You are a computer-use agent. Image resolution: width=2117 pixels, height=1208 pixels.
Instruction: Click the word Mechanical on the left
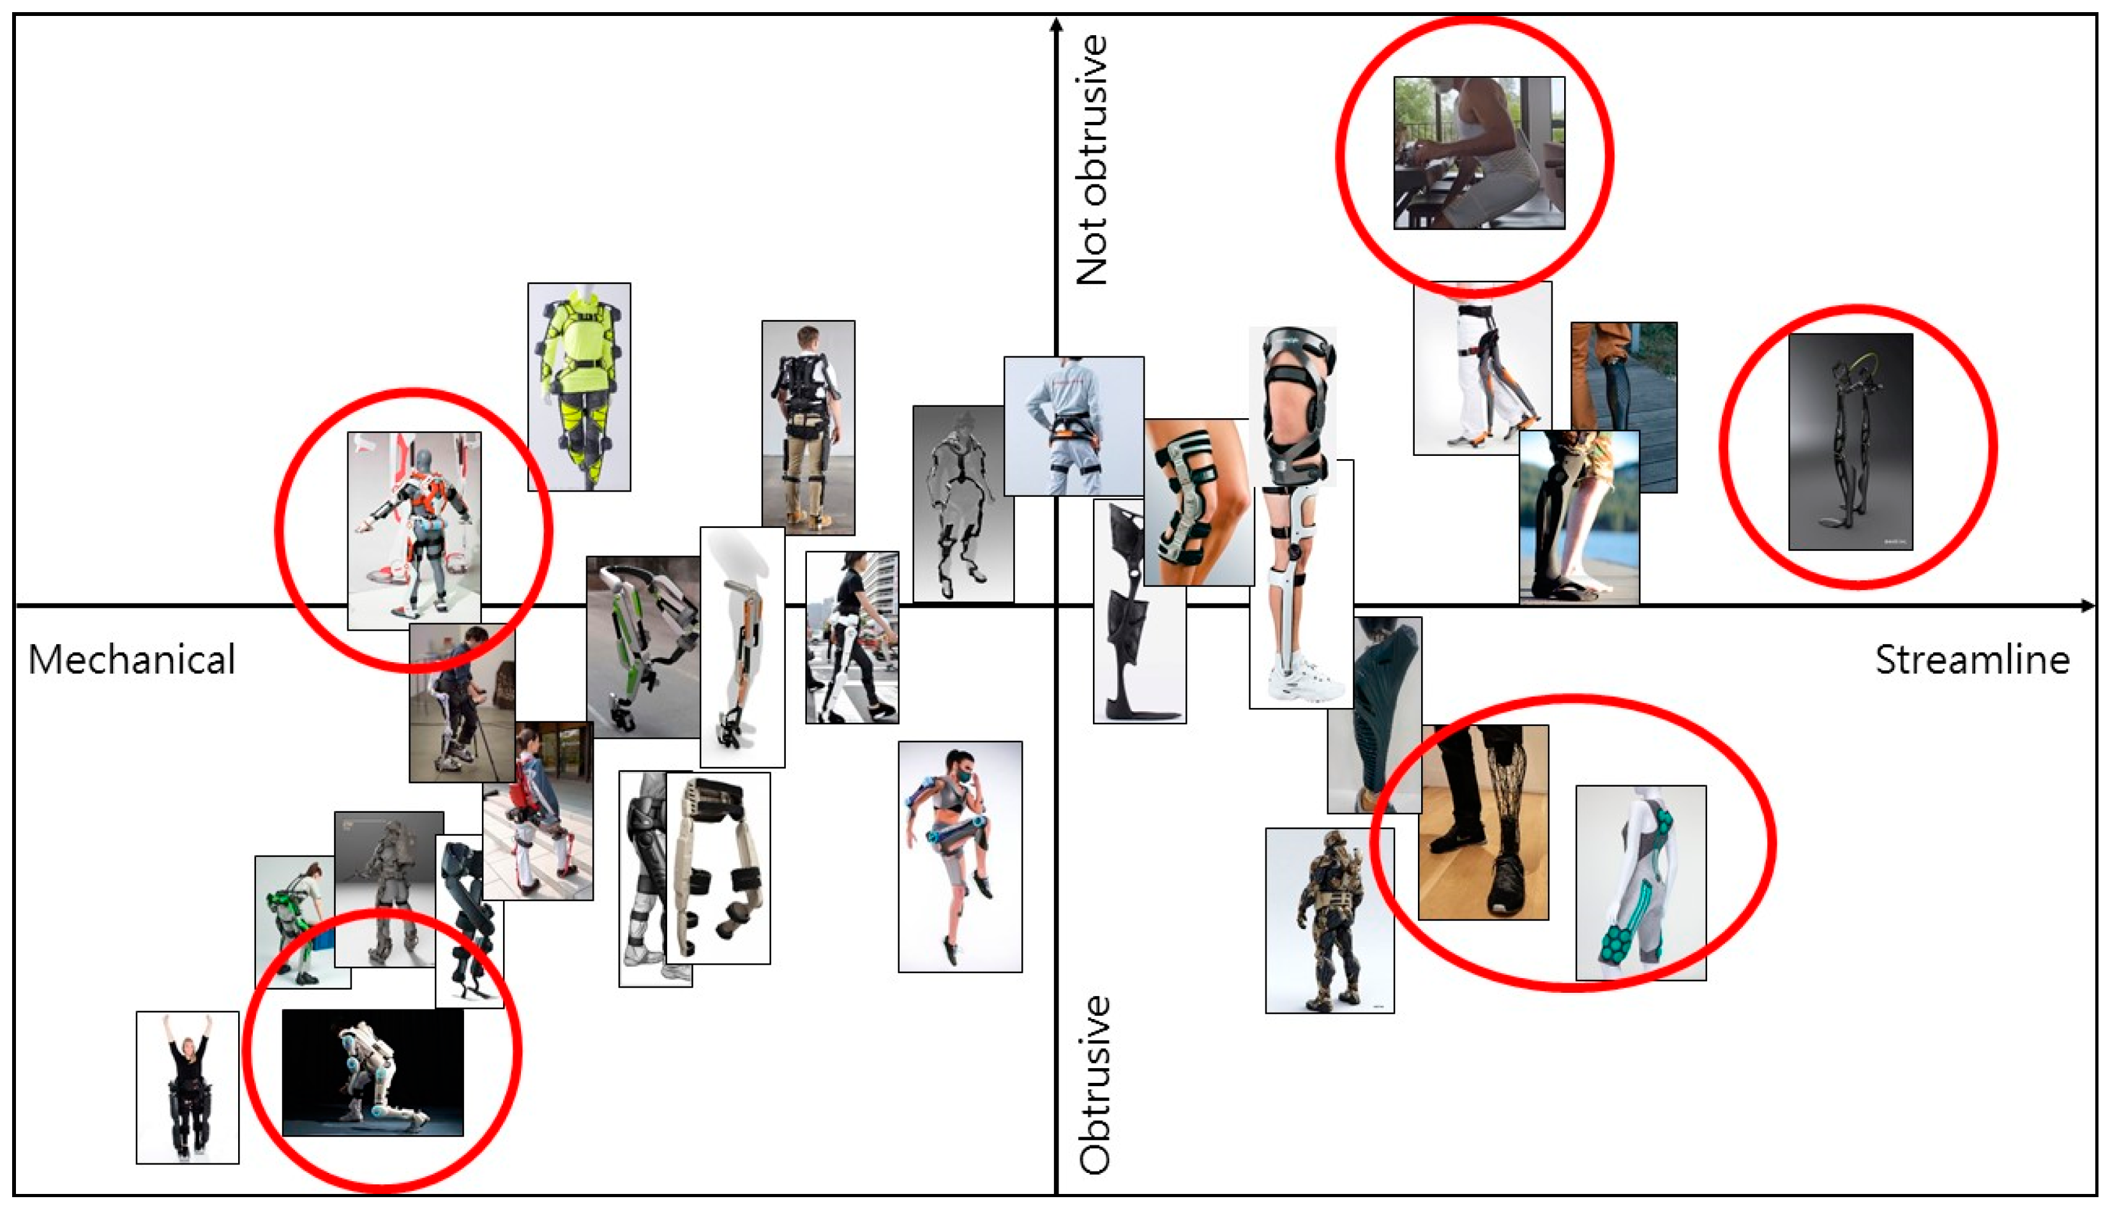(132, 660)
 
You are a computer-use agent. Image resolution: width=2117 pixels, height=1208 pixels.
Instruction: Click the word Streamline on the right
(1972, 660)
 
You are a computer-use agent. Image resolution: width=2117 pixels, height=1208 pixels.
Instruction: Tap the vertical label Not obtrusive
(1092, 160)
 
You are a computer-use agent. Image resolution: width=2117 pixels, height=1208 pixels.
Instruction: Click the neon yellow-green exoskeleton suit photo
(579, 387)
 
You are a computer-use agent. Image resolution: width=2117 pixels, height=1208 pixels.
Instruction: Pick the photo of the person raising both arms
(188, 1087)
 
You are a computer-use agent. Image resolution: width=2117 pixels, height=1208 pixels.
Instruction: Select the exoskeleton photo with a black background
(372, 1072)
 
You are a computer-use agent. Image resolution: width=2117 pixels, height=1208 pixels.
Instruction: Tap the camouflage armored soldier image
(1330, 921)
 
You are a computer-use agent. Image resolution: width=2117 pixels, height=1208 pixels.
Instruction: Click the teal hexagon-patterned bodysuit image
(1641, 883)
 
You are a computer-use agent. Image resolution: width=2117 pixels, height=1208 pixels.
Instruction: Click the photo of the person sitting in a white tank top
(1479, 153)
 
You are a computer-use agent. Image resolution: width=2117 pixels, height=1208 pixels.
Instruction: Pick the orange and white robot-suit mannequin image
(414, 530)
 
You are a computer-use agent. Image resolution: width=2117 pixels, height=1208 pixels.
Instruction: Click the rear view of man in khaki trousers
(808, 427)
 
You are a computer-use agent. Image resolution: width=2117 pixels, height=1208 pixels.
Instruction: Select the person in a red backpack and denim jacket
(538, 811)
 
